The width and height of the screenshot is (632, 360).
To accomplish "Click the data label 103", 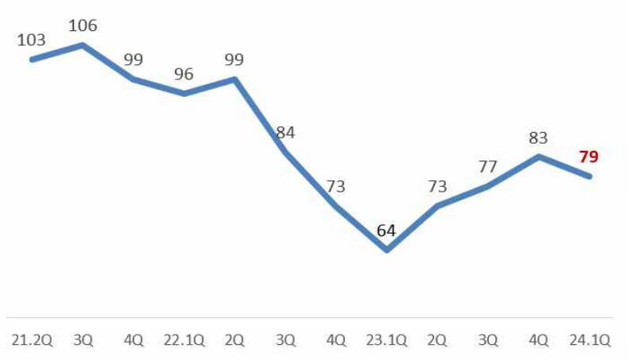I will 32,40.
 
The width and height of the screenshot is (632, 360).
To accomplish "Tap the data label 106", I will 83,26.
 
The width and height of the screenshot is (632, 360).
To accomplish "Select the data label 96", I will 184,74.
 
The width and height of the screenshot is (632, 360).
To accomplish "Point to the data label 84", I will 285,133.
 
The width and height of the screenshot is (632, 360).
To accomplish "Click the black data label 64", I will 386,231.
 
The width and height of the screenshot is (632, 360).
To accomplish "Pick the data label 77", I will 487,167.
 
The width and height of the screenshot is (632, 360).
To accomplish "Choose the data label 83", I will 538,138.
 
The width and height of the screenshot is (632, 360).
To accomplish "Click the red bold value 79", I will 588,157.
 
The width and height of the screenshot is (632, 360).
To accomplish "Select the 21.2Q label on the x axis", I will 32,340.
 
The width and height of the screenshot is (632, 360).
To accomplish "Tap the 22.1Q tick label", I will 184,340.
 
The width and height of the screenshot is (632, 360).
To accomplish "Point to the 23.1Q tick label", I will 386,340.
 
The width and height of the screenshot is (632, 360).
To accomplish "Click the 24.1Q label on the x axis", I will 589,340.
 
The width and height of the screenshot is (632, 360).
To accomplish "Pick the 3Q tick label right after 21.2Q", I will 83,340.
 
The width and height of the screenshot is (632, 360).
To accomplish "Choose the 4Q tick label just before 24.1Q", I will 538,340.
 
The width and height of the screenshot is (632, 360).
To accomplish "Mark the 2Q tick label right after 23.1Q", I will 437,340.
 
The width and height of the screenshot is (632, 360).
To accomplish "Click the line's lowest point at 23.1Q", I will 386,250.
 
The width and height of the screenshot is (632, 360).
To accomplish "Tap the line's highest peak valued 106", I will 83,45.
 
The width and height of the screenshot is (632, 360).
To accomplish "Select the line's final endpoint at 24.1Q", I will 589,176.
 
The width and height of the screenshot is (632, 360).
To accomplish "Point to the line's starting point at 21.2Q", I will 32,59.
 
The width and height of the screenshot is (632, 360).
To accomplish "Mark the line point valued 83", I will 538,157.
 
